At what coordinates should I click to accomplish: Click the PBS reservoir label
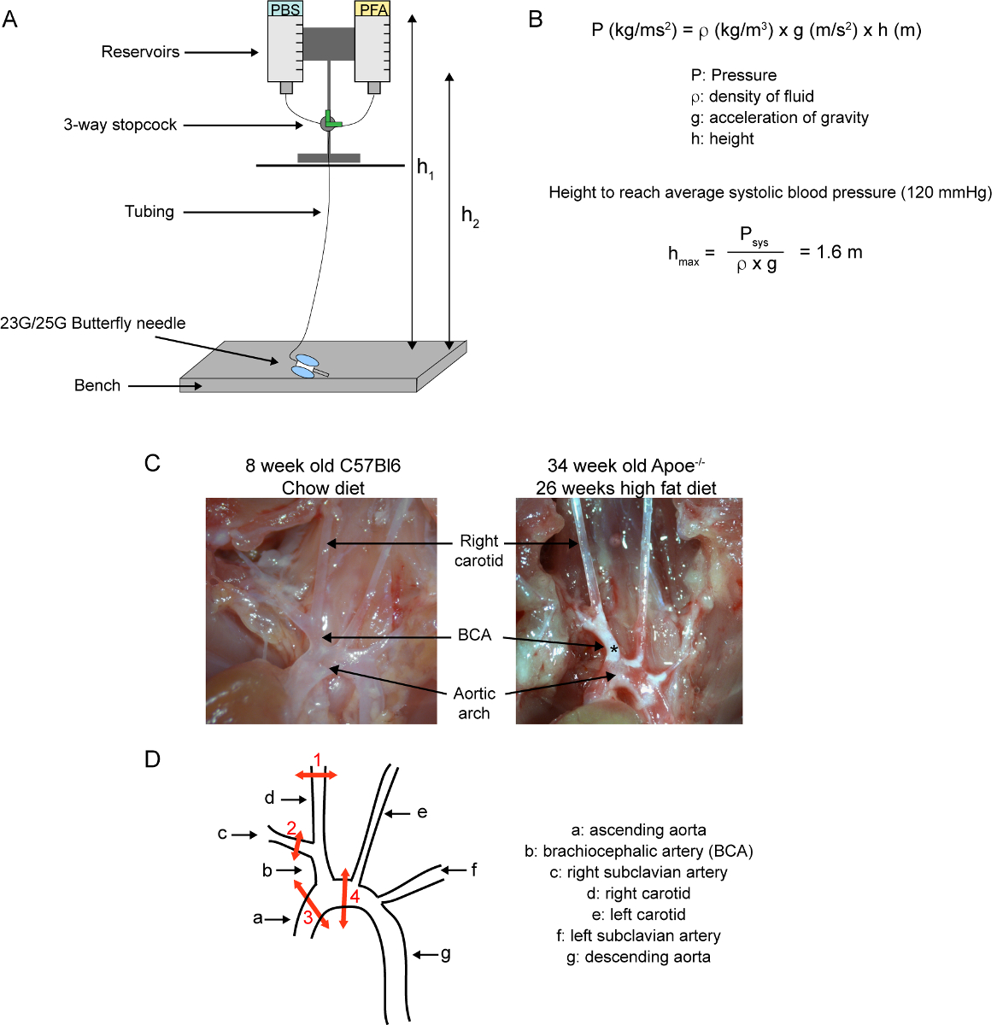[x=285, y=9]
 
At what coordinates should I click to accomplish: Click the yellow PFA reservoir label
[x=372, y=9]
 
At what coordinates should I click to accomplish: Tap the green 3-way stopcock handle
[x=332, y=120]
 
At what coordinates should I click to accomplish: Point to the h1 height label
[x=425, y=168]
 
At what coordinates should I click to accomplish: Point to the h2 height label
[x=470, y=216]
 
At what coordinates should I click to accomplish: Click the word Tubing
[x=150, y=212]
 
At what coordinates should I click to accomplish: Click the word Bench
[x=97, y=385]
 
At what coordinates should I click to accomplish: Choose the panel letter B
[x=536, y=20]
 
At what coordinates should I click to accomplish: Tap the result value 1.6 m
[x=839, y=252]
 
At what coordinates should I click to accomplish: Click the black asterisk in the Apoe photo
[x=613, y=650]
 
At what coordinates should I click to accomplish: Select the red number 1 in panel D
[x=317, y=760]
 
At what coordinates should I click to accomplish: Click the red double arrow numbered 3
[x=311, y=904]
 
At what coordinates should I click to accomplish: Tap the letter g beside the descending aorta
[x=445, y=954]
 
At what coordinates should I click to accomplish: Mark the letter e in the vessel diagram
[x=421, y=812]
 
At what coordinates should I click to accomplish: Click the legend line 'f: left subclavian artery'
[x=638, y=935]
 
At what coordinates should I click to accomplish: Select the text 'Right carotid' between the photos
[x=478, y=550]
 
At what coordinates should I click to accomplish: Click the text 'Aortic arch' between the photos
[x=474, y=703]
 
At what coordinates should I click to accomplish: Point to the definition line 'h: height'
[x=722, y=138]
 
